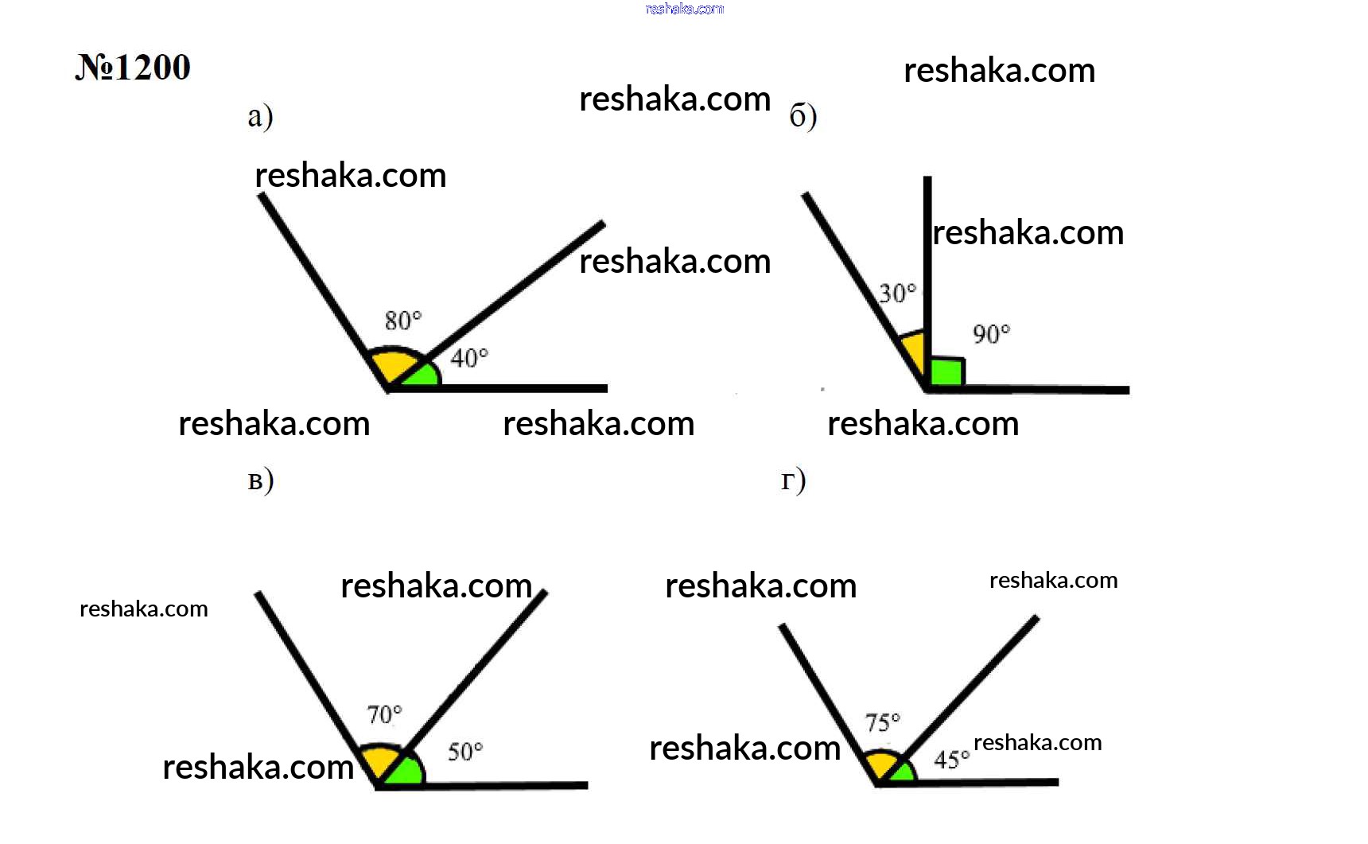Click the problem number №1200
(x=133, y=67)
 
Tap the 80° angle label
(x=403, y=320)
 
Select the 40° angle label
(x=469, y=358)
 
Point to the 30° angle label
(x=898, y=293)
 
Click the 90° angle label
(x=991, y=333)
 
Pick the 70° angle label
(x=385, y=714)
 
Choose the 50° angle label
(x=465, y=752)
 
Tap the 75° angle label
(x=883, y=722)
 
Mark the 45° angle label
(x=952, y=760)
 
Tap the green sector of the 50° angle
(x=406, y=771)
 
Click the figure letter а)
(x=260, y=116)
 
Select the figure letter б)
(x=803, y=116)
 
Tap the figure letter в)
(x=261, y=480)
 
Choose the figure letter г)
(x=794, y=480)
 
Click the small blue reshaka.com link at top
(x=685, y=9)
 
